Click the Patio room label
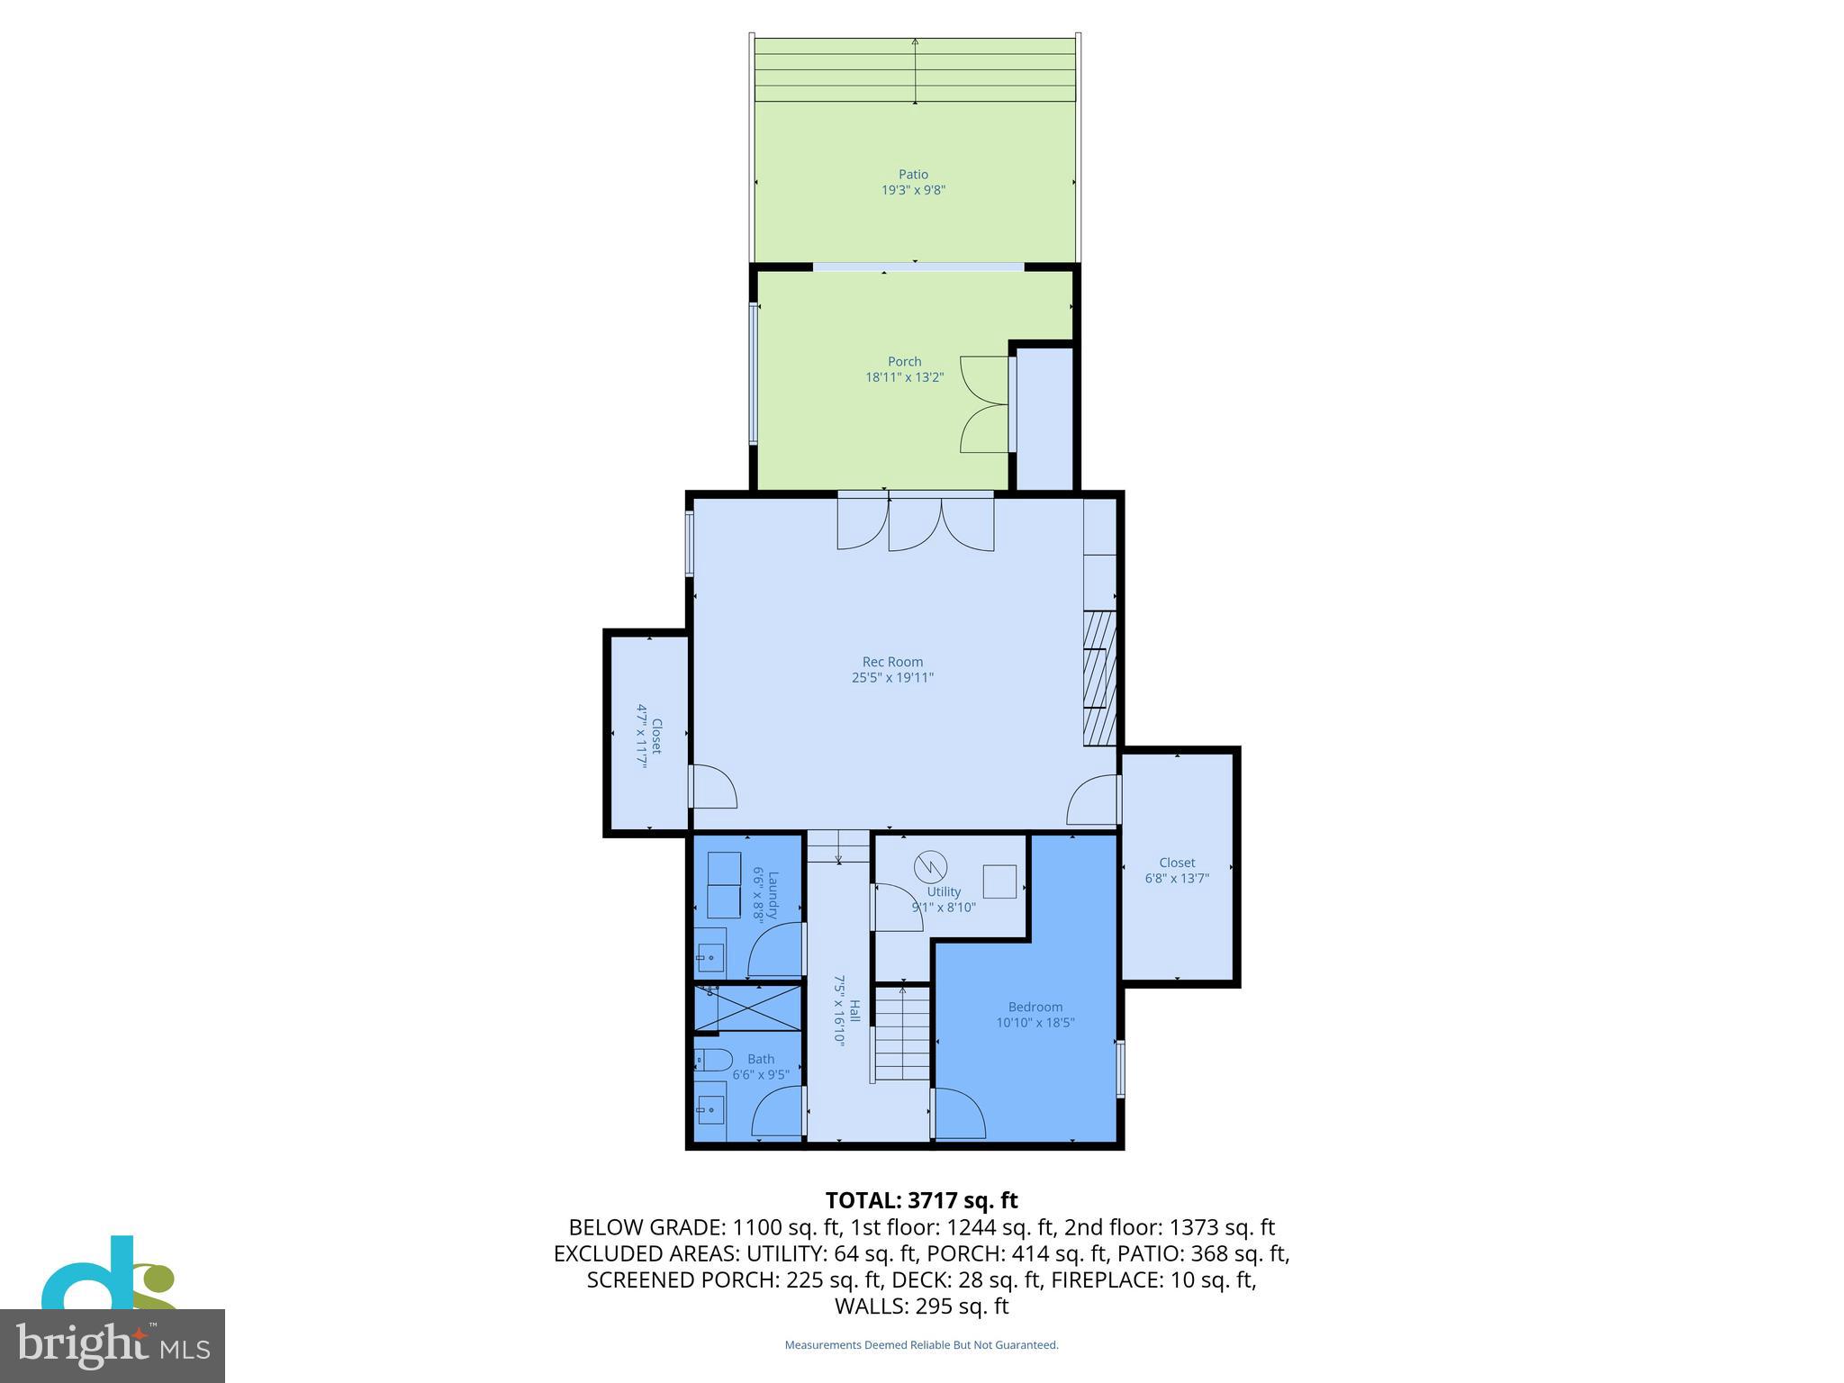913,175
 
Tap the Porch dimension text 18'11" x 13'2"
904,377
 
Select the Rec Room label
892,662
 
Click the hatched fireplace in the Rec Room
1099,678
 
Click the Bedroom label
1035,1007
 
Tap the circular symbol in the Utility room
930,868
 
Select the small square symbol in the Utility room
999,881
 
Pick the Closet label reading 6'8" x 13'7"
1177,871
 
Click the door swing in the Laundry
774,949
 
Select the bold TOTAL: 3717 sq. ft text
921,1200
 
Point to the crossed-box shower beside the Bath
747,1008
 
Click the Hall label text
847,1010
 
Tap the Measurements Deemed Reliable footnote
921,1345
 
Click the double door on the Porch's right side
985,404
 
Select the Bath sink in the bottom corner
710,1109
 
